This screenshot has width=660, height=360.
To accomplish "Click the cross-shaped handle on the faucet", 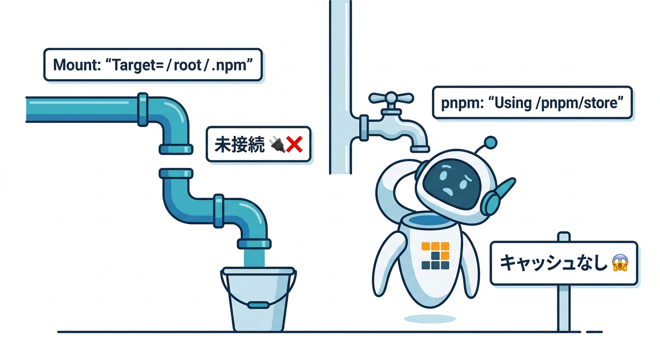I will coord(391,98).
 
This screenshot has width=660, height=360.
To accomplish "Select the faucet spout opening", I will coord(420,149).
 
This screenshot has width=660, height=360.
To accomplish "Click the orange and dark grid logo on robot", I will coord(435,255).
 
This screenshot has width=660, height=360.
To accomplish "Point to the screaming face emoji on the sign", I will coord(620,263).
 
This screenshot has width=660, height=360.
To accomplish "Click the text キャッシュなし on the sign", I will coord(554,263).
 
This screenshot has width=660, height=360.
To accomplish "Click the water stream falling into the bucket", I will coord(255,258).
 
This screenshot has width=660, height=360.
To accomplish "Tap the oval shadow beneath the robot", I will coord(430,319).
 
